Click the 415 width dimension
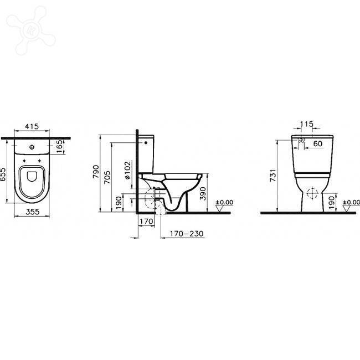(32, 127)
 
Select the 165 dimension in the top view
(60, 147)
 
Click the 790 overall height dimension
(95, 173)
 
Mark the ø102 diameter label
(127, 169)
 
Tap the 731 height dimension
(272, 176)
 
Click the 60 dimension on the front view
(318, 144)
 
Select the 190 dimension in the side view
(118, 202)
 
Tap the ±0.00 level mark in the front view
(350, 203)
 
